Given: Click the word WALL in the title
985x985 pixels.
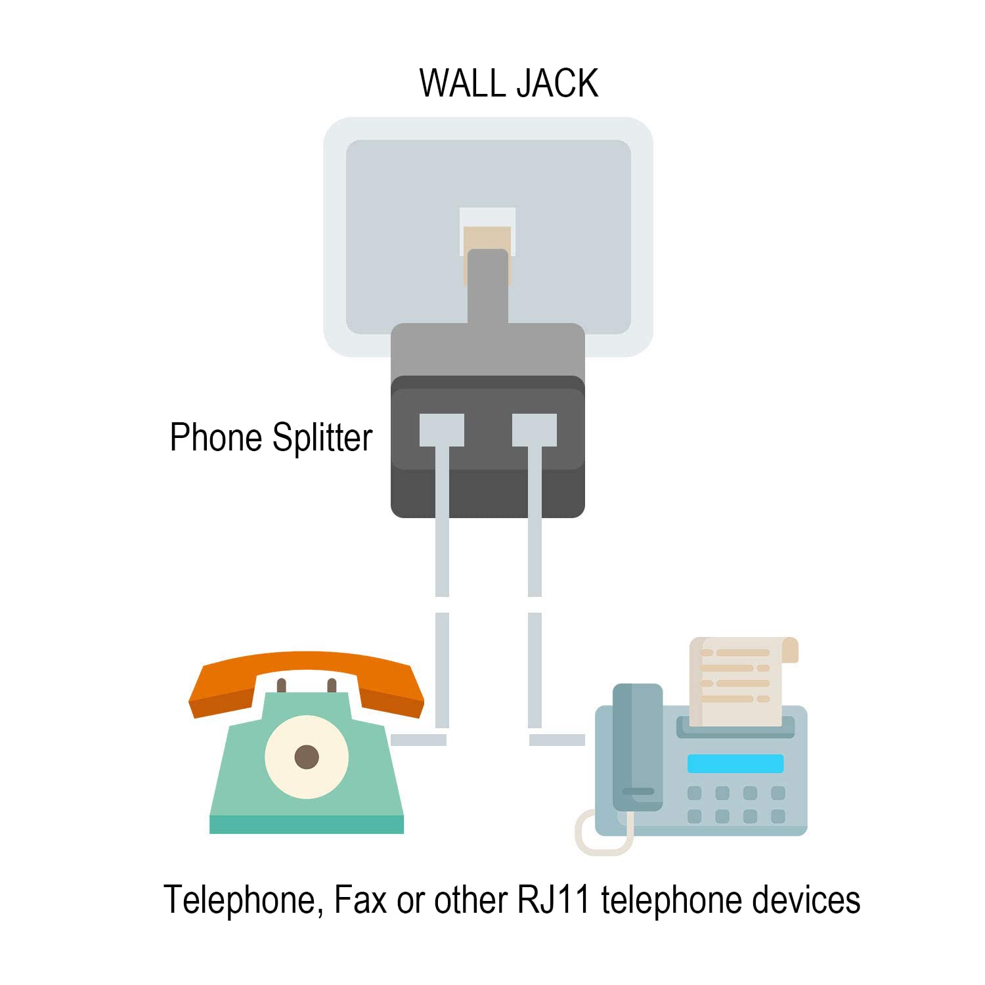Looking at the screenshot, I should coord(462,83).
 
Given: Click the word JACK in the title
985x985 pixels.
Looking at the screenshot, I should coord(557,83).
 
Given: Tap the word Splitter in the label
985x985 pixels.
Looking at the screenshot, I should coord(322,438).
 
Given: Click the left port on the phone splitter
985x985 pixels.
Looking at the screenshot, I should coord(441,430).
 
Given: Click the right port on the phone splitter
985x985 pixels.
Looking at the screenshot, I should coord(534,430).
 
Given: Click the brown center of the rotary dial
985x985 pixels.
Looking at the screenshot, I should coord(307,756).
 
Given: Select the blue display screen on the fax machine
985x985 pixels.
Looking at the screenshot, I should coord(735,763).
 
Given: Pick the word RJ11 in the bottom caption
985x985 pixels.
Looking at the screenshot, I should coord(553,900).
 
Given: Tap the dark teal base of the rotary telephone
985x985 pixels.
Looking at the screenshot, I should coord(306,824).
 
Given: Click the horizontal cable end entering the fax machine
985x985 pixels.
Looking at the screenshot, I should coord(557,740).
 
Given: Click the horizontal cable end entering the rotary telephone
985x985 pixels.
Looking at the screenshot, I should coord(418,740).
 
